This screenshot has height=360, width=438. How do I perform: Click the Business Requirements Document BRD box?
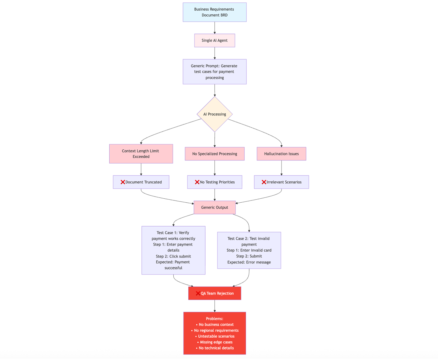(214, 12)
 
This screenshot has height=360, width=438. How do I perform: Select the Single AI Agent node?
(214, 40)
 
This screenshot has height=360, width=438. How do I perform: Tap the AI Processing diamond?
(215, 114)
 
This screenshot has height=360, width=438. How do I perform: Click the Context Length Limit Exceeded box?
(141, 154)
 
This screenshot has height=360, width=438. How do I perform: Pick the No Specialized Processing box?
(214, 154)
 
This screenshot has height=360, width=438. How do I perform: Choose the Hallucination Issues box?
(281, 154)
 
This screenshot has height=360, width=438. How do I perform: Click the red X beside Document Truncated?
(123, 182)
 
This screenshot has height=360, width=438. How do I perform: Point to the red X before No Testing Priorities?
(197, 182)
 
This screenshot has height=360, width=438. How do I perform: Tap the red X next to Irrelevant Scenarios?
(264, 182)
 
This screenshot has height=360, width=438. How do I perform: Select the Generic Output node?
(214, 207)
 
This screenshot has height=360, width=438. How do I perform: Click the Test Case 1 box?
(173, 250)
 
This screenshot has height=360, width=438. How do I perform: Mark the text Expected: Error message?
(249, 262)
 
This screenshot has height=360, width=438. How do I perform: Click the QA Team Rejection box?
(214, 293)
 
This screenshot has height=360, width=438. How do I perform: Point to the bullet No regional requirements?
(216, 331)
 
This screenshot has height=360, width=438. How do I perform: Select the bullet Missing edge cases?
(216, 342)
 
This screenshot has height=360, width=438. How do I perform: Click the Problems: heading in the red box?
(214, 319)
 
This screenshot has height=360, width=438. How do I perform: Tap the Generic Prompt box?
(214, 72)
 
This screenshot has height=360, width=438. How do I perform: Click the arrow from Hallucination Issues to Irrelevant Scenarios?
(281, 168)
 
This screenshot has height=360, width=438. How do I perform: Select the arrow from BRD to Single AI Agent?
(215, 28)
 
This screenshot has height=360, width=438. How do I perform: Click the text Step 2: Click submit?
(173, 257)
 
